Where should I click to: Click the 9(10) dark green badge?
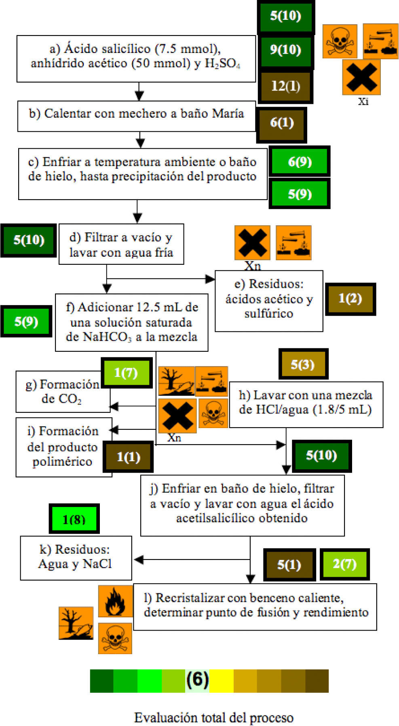click(285, 50)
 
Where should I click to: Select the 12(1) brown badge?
click(285, 86)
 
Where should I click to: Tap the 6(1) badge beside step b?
click(281, 123)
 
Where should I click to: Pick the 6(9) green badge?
click(300, 162)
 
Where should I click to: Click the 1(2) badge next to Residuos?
click(350, 299)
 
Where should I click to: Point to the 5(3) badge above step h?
click(303, 364)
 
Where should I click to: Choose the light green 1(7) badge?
click(126, 372)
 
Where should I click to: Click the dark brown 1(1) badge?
click(128, 457)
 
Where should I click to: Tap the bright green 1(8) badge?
click(74, 519)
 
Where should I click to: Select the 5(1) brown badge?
click(289, 565)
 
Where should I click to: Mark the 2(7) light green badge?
click(344, 564)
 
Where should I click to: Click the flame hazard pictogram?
click(115, 601)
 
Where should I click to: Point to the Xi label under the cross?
click(363, 101)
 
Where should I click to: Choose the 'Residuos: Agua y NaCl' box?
click(76, 557)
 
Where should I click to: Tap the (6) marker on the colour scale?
click(197, 680)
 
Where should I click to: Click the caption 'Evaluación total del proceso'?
click(213, 718)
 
